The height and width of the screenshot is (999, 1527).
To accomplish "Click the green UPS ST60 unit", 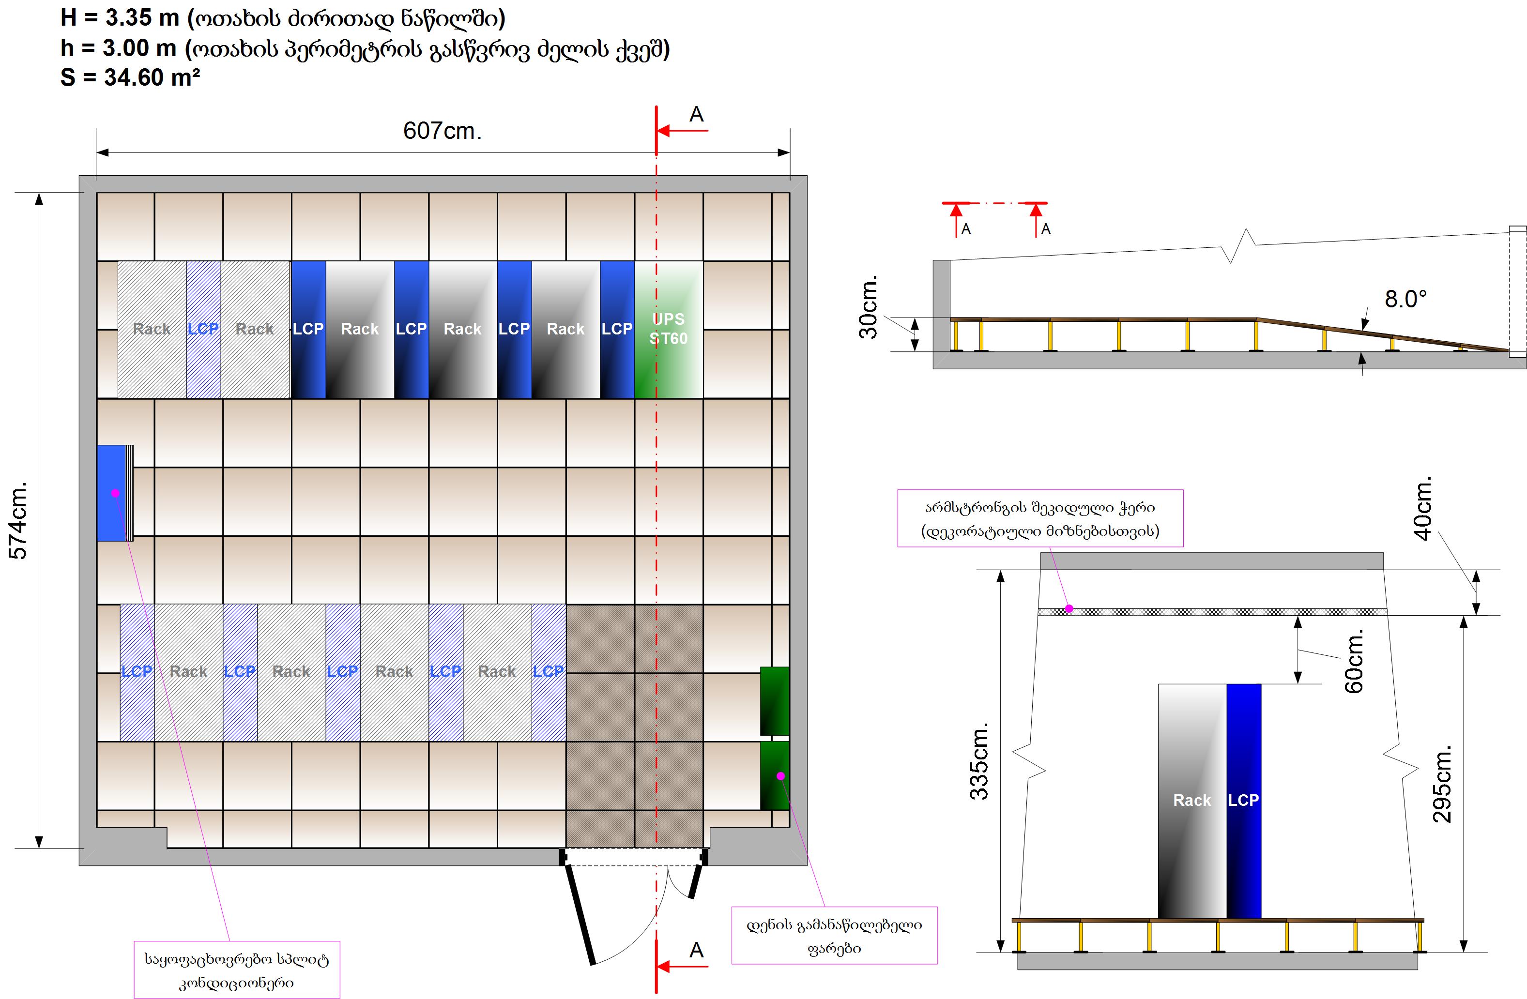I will point(669,329).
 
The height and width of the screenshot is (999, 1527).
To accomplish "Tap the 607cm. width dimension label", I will point(442,131).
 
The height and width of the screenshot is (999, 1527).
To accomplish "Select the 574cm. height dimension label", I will point(19,520).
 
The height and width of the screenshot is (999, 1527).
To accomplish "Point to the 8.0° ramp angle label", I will point(1405,299).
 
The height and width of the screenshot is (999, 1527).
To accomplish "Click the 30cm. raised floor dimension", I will point(868,307).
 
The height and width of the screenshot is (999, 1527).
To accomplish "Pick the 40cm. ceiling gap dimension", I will point(1422,508).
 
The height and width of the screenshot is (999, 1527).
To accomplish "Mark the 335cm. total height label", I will point(979,762).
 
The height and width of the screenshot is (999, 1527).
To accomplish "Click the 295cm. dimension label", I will point(1442,784).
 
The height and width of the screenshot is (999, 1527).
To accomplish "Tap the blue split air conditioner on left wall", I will point(112,493).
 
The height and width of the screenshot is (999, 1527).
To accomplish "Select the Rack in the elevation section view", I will point(1191,800).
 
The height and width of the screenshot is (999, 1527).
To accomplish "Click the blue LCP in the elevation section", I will point(1243,800).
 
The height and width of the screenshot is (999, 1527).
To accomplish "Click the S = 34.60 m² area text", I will point(130,77).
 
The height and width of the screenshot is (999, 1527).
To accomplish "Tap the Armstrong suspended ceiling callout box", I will point(1039,518).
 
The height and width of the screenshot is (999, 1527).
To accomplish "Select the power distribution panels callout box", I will point(834,936).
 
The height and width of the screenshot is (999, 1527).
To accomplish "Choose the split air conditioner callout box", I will point(237,969).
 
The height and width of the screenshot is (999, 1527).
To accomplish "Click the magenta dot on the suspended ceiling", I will point(1069,608).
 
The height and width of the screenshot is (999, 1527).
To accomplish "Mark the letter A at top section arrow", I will point(696,115).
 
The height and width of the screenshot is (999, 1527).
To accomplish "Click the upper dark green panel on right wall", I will point(775,701).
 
